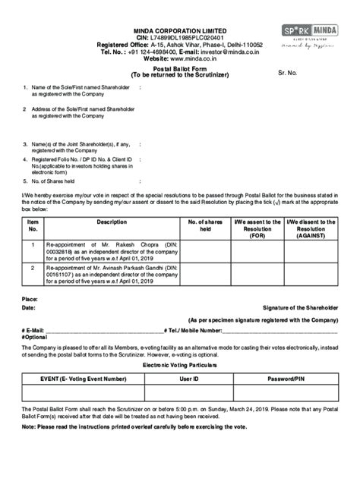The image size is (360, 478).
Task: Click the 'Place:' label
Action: click(30, 300)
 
